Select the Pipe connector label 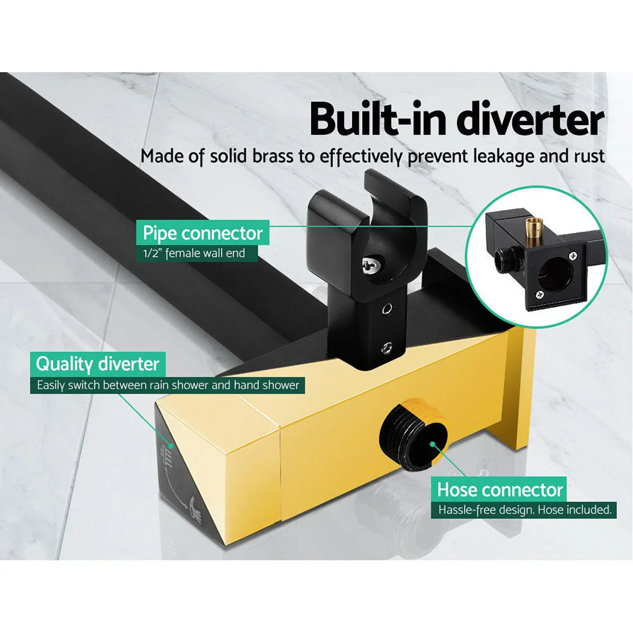click(x=202, y=233)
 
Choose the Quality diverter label click(x=97, y=364)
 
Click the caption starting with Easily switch click(x=167, y=384)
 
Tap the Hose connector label click(x=499, y=489)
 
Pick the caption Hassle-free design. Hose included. click(x=525, y=509)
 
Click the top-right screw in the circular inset click(x=572, y=256)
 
